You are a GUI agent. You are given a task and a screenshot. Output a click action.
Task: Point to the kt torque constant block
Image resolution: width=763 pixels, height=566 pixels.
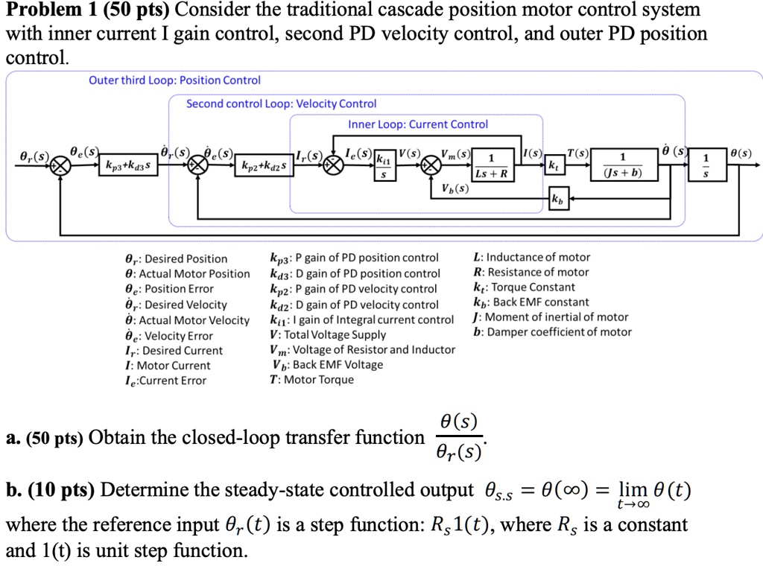coord(553,165)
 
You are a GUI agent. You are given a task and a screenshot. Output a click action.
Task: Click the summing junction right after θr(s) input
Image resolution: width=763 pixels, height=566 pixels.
coord(59,165)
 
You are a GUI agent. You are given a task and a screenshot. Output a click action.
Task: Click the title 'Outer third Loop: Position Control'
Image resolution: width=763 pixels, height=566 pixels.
coord(174,80)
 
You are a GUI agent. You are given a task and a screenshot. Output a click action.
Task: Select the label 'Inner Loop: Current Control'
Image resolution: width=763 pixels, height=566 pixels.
coord(418,124)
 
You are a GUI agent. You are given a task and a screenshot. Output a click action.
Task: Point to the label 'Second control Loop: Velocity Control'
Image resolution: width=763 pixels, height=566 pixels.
coord(281,104)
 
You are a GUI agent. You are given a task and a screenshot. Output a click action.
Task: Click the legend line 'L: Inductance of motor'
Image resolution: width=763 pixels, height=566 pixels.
coord(531,258)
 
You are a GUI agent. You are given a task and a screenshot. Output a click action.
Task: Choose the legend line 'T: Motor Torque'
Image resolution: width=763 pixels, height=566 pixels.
coord(311,380)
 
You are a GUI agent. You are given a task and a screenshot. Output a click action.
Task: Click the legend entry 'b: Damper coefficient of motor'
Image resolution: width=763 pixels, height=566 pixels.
coord(552,332)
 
